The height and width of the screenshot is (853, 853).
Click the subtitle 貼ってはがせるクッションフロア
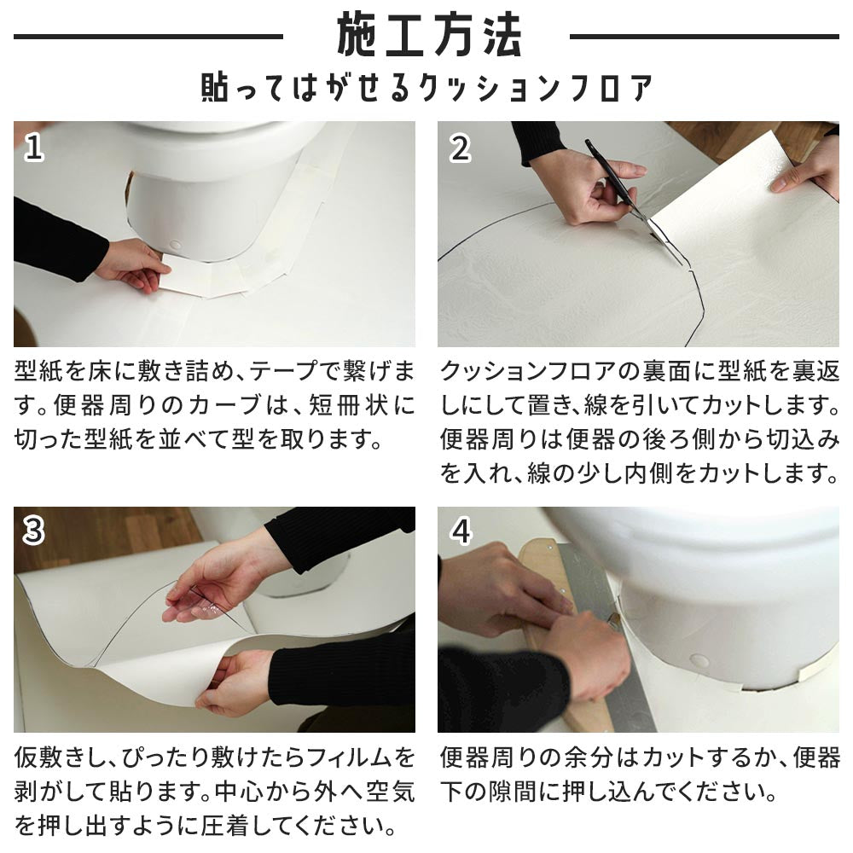[x=426, y=88]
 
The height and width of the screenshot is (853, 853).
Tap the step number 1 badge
[x=33, y=148]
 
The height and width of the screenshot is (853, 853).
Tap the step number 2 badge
[x=461, y=148]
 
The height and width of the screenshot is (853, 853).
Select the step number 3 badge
[x=33, y=531]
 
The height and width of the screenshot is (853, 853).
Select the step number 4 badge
[x=461, y=531]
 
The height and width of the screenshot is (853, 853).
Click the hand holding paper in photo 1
[x=136, y=264]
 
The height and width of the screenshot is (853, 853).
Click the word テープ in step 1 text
[x=282, y=372]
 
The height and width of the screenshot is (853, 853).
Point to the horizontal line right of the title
[x=704, y=37]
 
